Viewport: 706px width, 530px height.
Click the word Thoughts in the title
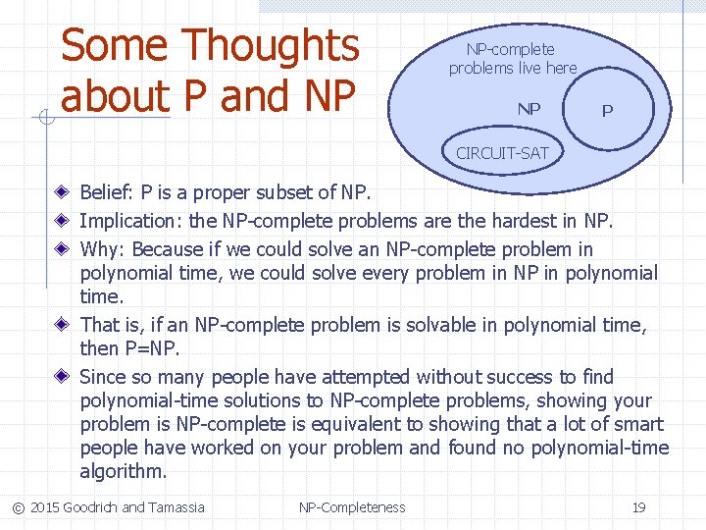pos(272,46)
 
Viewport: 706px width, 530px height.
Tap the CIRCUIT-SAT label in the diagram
pos(502,153)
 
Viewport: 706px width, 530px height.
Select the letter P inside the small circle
pos(607,111)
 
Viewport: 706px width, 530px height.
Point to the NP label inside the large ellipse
pos(529,109)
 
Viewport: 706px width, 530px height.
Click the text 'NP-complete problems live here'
pos(513,59)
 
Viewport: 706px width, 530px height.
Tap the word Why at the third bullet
pos(102,249)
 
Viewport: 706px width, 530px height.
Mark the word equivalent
pos(378,424)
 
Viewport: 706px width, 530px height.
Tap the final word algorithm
pos(123,471)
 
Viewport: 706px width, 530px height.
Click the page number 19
pos(638,507)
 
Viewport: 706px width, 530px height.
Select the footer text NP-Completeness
pos(352,507)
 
